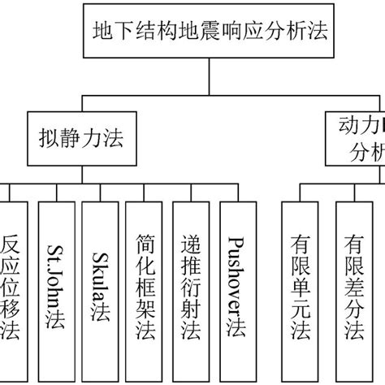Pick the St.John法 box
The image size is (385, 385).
pos(55,288)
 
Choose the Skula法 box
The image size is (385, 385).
pos(101,288)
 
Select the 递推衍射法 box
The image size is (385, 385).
pos(192,288)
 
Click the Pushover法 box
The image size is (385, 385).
pos(236,288)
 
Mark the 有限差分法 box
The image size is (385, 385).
pos(355,288)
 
